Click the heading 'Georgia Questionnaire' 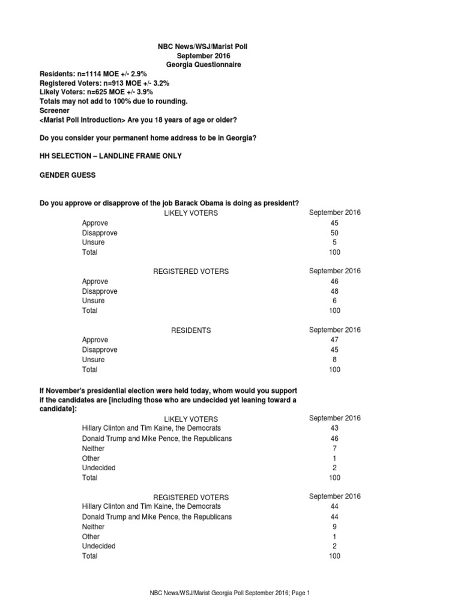(x=195, y=65)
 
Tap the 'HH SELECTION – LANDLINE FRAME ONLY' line (x=110, y=156)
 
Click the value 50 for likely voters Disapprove (x=334, y=232)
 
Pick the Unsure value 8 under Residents (x=334, y=359)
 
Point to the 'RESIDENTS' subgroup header (x=191, y=330)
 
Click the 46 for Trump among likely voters (x=334, y=438)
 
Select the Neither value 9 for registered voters (x=334, y=527)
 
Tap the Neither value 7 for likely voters (x=334, y=448)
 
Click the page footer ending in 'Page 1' (x=229, y=593)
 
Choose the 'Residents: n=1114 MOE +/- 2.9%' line (x=93, y=74)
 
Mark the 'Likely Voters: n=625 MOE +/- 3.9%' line (x=96, y=92)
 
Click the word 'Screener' (x=55, y=111)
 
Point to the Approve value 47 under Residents (x=334, y=340)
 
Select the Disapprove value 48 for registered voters (x=334, y=291)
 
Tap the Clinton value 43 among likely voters (x=334, y=428)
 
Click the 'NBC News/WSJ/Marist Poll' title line (x=195, y=47)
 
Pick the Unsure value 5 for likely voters (x=334, y=242)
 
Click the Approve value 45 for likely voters (x=334, y=223)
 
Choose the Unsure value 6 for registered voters (x=334, y=301)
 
